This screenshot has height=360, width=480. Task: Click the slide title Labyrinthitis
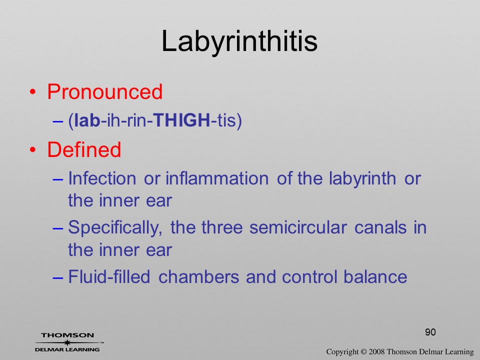point(239,41)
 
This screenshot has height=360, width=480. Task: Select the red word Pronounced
point(104,91)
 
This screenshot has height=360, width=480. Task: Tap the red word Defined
point(84,149)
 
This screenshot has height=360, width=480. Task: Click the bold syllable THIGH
point(181,119)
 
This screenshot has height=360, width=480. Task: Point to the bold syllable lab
point(87,119)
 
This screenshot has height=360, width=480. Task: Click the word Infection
point(102,178)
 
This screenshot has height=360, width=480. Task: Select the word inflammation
point(217,178)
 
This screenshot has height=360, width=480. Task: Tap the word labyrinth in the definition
point(362,179)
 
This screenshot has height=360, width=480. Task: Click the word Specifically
point(115,228)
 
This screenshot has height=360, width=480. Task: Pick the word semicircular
point(298,227)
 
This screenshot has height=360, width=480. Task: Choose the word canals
point(380,227)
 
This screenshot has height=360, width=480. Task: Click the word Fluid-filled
point(109,276)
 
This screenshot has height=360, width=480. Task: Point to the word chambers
point(198,276)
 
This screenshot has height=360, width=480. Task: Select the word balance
point(375,276)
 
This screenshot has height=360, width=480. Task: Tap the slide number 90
point(430,332)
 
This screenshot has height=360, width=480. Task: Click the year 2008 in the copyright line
point(376,352)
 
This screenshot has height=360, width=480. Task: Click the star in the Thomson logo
point(67,342)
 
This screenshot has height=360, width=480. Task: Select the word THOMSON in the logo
point(67,335)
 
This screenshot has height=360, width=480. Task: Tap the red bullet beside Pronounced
point(33,92)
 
